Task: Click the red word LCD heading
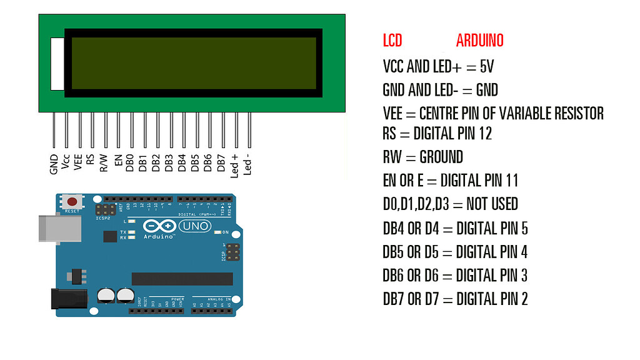tap(392, 41)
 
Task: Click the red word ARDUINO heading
tap(479, 41)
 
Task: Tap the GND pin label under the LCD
tap(54, 164)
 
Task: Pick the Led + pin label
tap(235, 166)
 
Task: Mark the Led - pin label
tap(248, 166)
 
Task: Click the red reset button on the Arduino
tap(73, 202)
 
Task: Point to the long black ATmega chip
tap(182, 279)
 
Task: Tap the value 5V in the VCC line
tap(487, 66)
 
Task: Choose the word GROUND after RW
tap(441, 157)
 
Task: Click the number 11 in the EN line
tap(511, 181)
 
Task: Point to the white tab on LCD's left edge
tap(57, 62)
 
